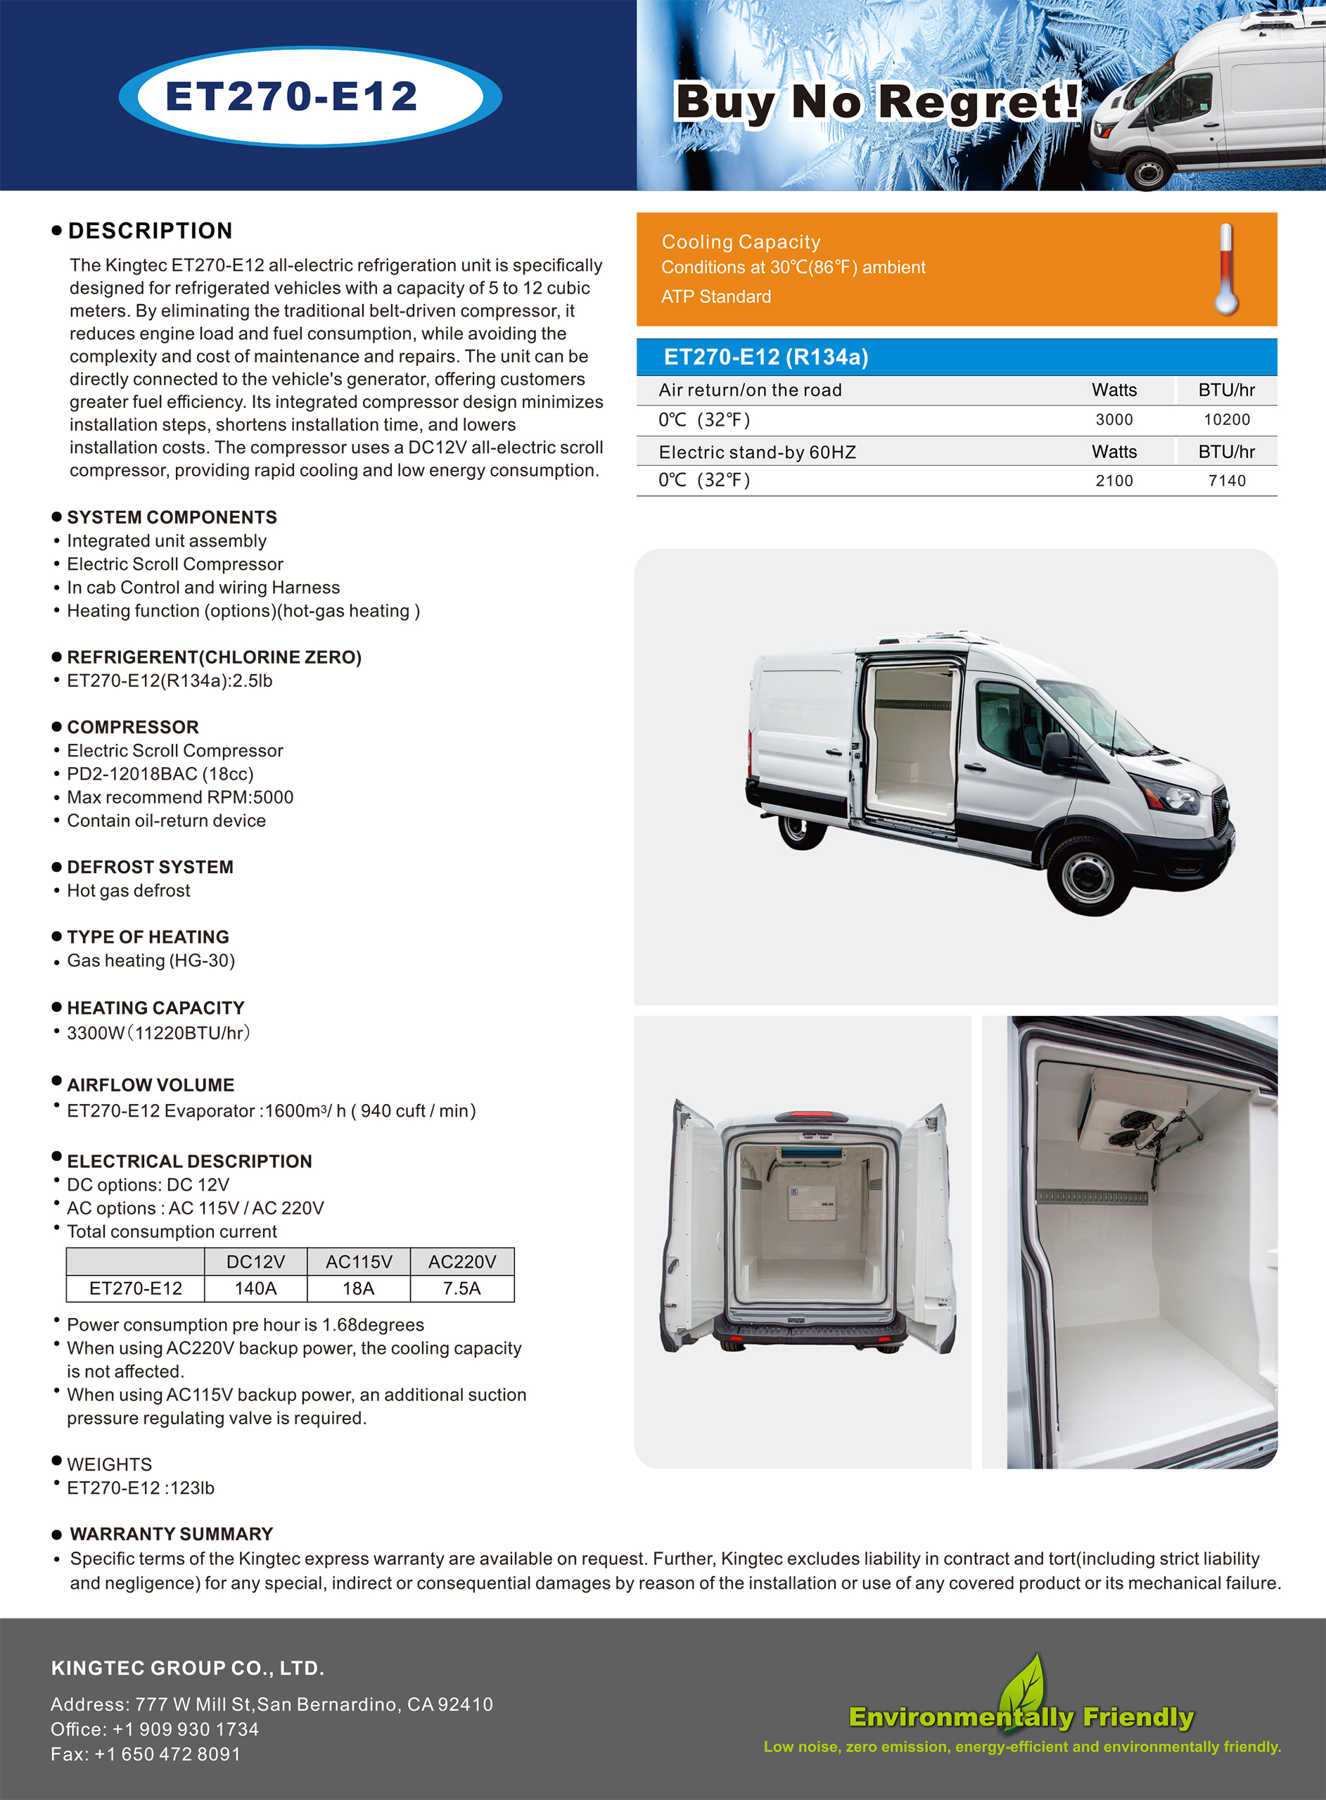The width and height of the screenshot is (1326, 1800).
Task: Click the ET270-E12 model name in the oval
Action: pyautogui.click(x=291, y=96)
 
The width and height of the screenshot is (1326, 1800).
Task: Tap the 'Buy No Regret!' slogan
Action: pyautogui.click(x=877, y=102)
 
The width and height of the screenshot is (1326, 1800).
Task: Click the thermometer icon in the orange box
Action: pyautogui.click(x=1225, y=269)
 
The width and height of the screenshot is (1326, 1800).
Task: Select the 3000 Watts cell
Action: pyautogui.click(x=1114, y=420)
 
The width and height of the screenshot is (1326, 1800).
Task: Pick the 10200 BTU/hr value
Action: pyautogui.click(x=1227, y=420)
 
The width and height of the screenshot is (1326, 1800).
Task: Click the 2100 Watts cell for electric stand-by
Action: pyautogui.click(x=1114, y=481)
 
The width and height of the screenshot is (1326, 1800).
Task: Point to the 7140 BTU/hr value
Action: pyautogui.click(x=1227, y=481)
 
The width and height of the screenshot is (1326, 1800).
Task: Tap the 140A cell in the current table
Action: pyautogui.click(x=255, y=1288)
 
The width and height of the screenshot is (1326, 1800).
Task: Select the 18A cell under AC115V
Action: pyautogui.click(x=358, y=1288)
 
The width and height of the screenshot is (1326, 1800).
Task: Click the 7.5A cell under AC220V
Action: pyautogui.click(x=461, y=1288)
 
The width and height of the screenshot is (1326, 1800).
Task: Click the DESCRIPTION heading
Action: pyautogui.click(x=150, y=232)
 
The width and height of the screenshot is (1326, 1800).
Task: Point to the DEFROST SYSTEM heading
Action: pyautogui.click(x=150, y=867)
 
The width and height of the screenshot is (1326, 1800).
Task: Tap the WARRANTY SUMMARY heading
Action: pyautogui.click(x=171, y=1534)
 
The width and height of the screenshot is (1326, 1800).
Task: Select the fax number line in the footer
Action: pyautogui.click(x=146, y=1754)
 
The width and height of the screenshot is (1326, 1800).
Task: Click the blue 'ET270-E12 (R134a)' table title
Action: pyautogui.click(x=766, y=357)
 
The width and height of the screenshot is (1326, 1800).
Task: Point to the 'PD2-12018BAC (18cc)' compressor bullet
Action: pyautogui.click(x=160, y=774)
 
